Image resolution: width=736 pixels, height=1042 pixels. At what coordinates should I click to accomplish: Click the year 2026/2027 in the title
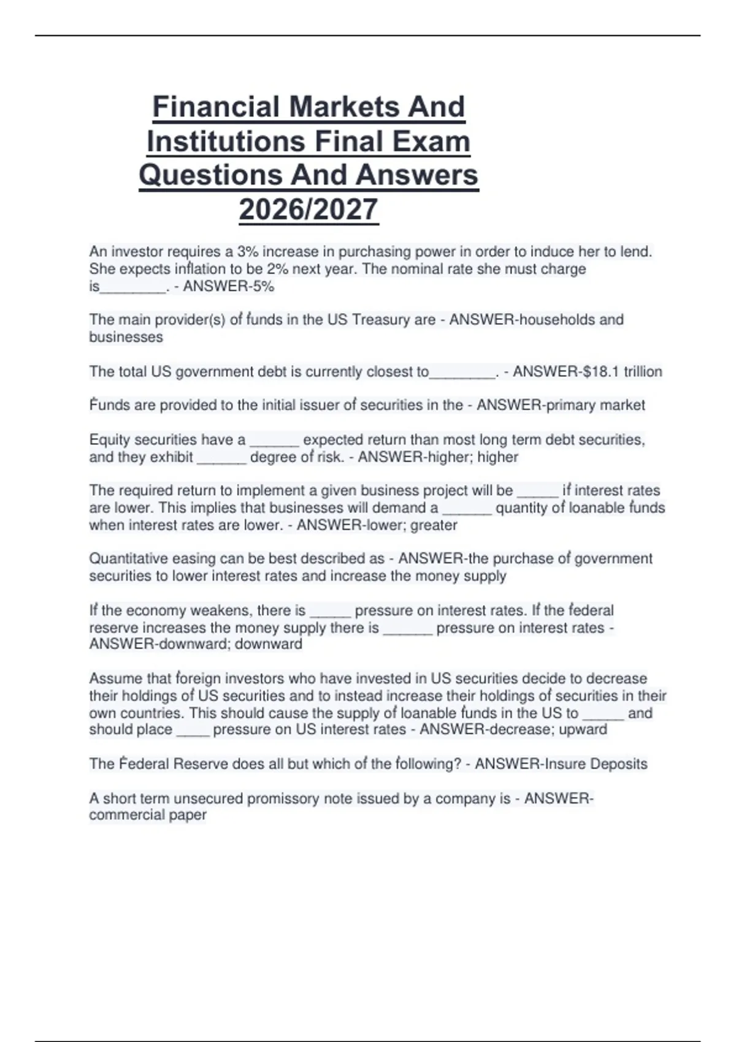click(309, 210)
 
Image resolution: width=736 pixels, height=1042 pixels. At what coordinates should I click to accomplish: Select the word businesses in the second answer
click(126, 337)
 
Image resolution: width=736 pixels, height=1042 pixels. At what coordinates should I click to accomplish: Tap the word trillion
click(643, 371)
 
